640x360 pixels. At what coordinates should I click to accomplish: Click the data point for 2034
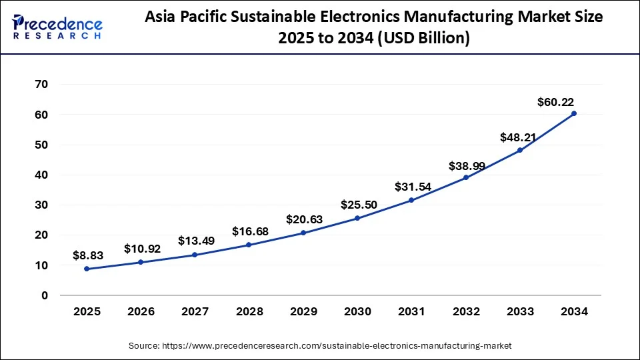[x=573, y=113]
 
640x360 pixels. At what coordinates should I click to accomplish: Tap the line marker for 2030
[x=357, y=218]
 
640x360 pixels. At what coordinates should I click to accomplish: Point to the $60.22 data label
[x=555, y=102]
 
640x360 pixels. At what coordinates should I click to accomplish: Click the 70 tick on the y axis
[x=41, y=84]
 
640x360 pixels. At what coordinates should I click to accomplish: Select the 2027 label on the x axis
[x=195, y=311]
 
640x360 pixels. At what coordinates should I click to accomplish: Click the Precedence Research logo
[x=57, y=27]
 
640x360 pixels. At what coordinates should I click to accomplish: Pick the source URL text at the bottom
[x=319, y=345]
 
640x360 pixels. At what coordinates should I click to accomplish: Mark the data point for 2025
[x=87, y=269]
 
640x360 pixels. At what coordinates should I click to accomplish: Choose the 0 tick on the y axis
[x=45, y=295]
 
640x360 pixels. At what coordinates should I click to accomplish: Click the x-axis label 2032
[x=465, y=311]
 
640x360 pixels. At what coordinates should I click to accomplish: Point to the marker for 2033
[x=519, y=150]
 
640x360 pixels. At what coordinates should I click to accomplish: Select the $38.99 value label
[x=465, y=164]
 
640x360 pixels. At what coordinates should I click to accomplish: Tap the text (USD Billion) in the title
[x=424, y=39]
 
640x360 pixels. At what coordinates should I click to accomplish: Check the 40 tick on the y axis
[x=41, y=175]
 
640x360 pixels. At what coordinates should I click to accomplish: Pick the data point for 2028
[x=249, y=245]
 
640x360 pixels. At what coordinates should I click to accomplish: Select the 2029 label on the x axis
[x=303, y=311]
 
